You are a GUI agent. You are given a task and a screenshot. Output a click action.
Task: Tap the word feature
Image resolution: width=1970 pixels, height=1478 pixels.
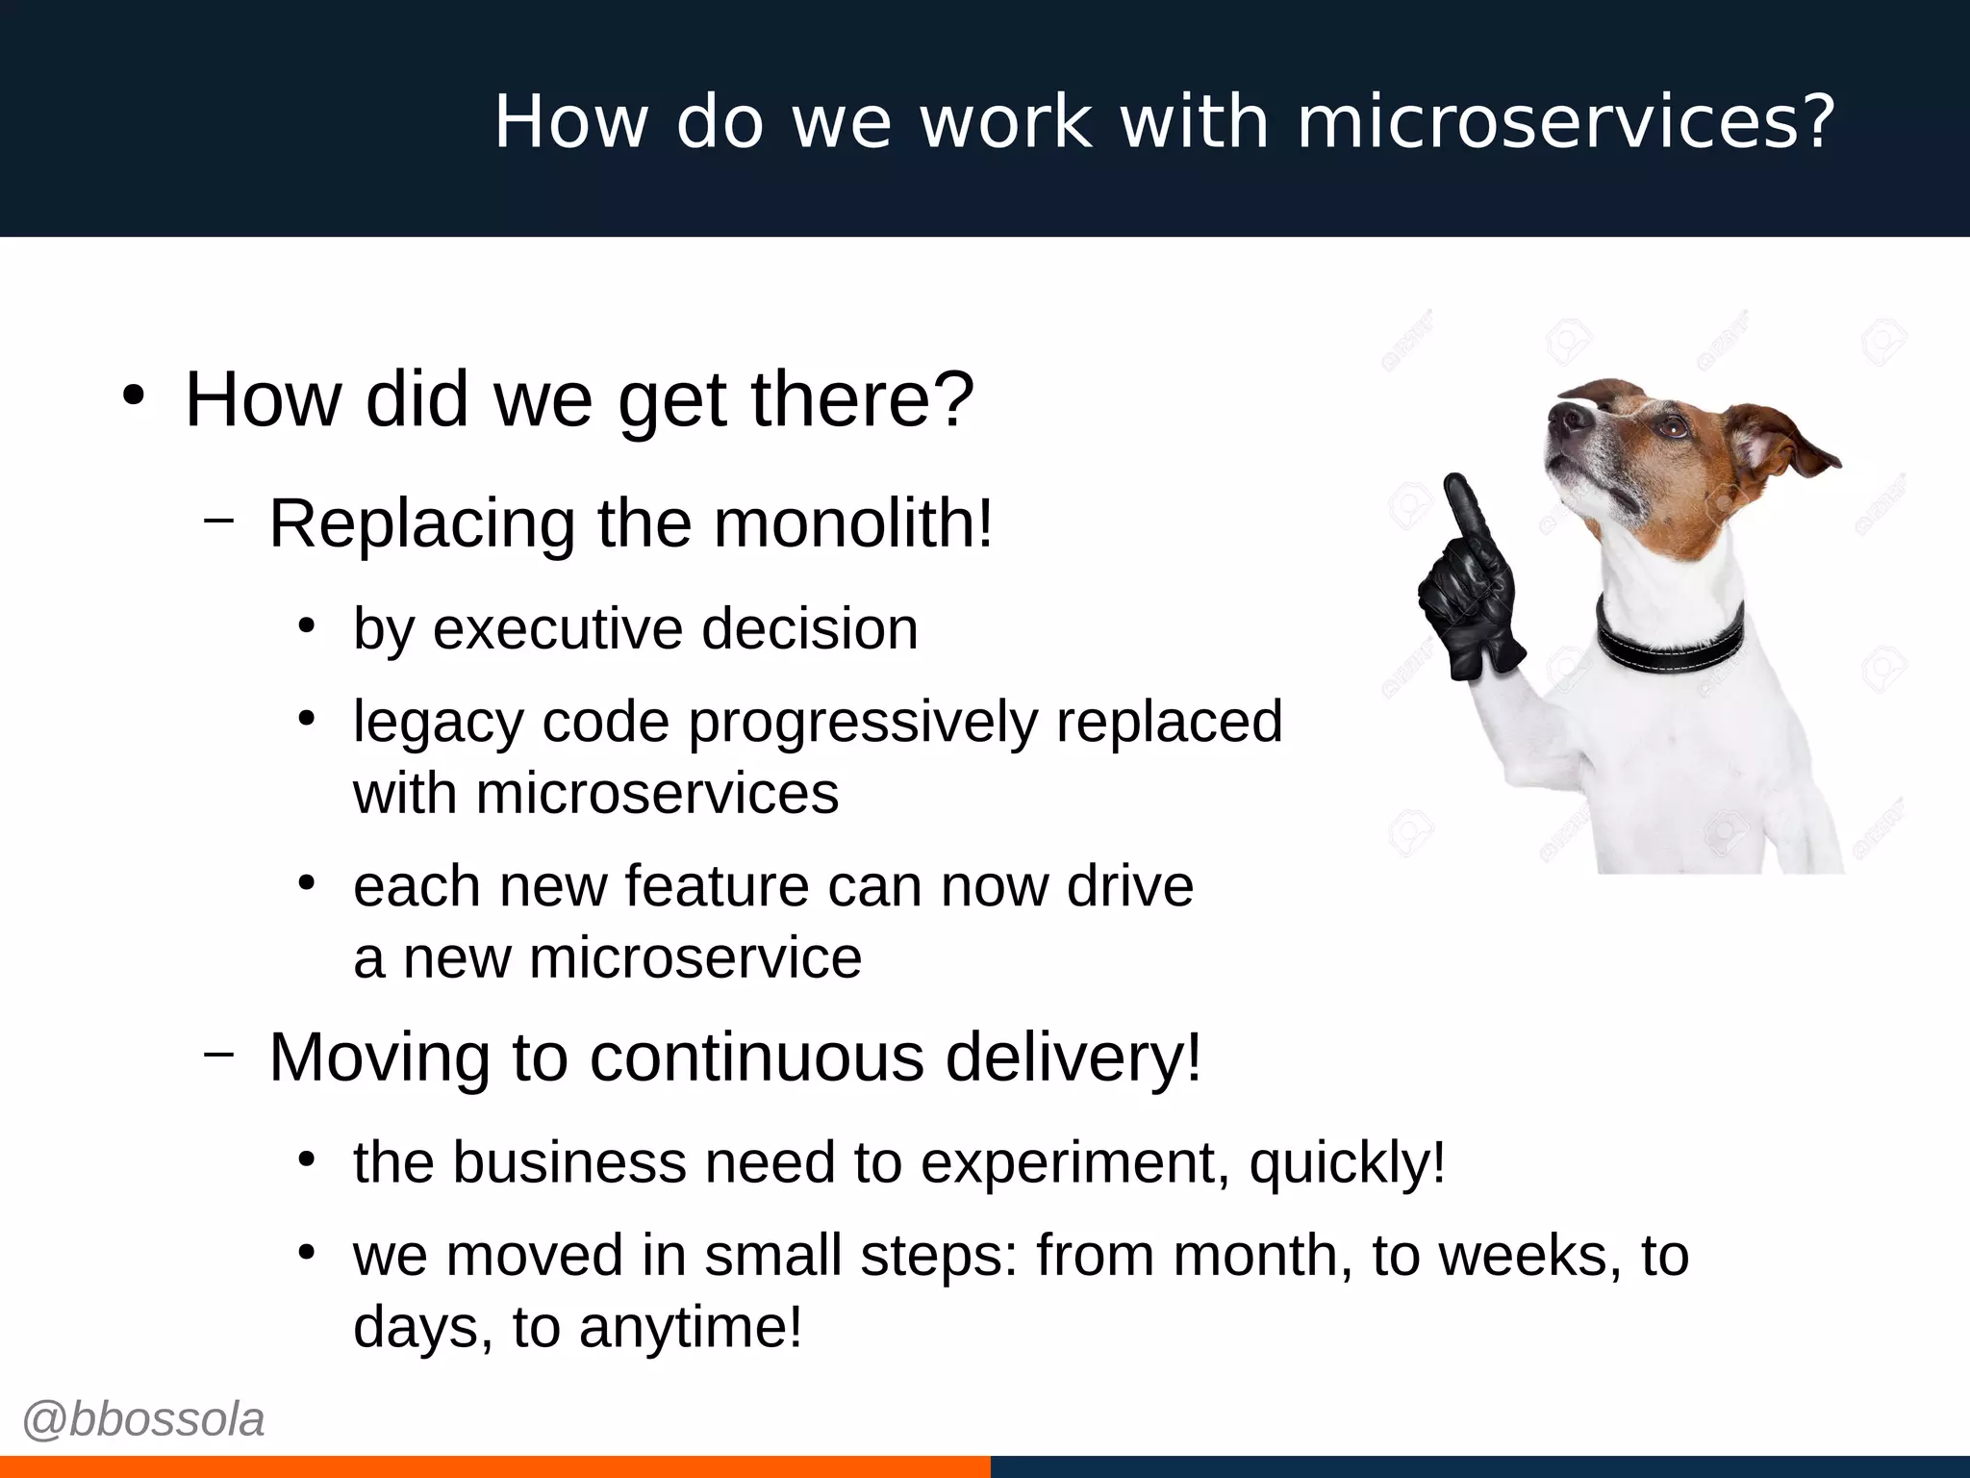(x=717, y=886)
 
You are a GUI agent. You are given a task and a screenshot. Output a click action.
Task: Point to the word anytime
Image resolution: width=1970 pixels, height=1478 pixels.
(x=690, y=1327)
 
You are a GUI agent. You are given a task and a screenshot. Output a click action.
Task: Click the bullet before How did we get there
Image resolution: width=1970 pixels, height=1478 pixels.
(x=134, y=396)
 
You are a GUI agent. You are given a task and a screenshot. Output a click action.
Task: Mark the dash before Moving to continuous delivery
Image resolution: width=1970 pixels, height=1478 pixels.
(x=219, y=1054)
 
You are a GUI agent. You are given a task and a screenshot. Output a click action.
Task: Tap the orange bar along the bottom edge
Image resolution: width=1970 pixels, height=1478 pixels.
(x=494, y=1466)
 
